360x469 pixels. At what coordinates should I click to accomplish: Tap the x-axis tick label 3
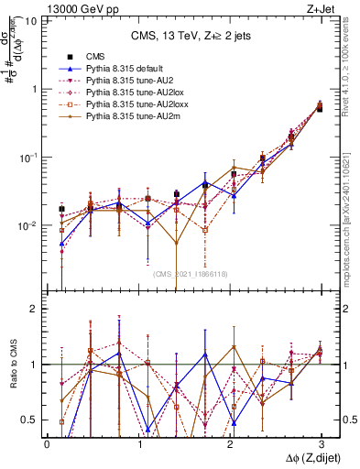tap(320, 443)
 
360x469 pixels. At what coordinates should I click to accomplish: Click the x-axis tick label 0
tap(47, 443)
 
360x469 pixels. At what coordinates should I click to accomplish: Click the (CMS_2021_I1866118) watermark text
tap(191, 274)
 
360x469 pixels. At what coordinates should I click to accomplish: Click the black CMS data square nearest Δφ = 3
tap(319, 108)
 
